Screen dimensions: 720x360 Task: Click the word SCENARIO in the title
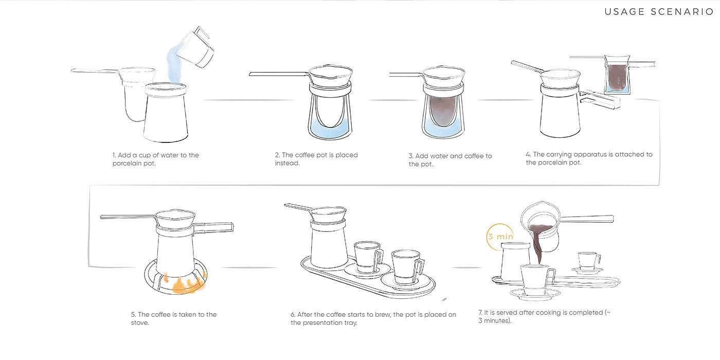(682, 12)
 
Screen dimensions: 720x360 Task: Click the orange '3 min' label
(500, 237)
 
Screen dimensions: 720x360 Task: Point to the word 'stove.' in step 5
(140, 323)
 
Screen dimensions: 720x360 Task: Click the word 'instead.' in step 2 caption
(287, 163)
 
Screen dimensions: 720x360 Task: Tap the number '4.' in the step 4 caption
(529, 154)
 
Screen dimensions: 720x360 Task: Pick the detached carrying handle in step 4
(600, 100)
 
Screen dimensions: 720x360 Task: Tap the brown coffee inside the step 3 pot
(443, 111)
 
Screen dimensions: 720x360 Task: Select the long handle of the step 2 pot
(279, 74)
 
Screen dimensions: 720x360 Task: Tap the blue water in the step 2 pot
(330, 128)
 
